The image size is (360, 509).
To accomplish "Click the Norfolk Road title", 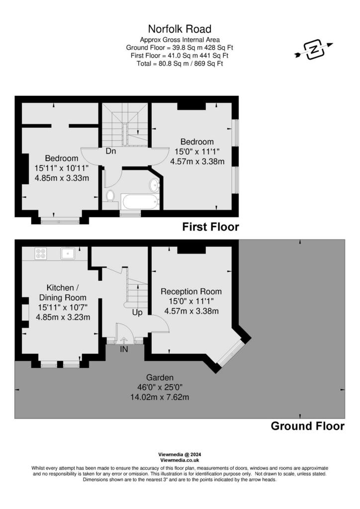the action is (x=180, y=29).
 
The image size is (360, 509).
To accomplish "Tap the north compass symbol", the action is (x=314, y=50).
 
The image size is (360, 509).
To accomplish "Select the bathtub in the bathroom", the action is (x=140, y=202).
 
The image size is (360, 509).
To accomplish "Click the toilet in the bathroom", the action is (x=110, y=196).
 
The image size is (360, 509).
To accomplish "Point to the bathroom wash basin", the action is (x=154, y=185).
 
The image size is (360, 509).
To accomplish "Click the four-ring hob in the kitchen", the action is (x=41, y=253).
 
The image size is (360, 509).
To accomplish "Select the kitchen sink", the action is (x=68, y=253).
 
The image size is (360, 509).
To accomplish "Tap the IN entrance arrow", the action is (x=124, y=340).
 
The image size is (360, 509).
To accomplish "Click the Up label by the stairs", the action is (x=137, y=313).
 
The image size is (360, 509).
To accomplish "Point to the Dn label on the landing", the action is (x=111, y=151).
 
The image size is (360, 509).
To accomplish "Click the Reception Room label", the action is (x=191, y=291).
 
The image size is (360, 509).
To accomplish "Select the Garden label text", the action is (x=160, y=377).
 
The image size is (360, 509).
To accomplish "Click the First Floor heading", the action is (x=210, y=227).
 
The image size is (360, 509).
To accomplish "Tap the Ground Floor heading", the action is (x=307, y=426).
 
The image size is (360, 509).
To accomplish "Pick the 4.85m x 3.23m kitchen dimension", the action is (x=63, y=317).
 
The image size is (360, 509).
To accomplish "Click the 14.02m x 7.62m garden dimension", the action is (x=160, y=397).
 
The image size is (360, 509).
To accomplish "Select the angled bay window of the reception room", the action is (x=230, y=353).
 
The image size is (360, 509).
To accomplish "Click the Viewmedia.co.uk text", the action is (x=180, y=460).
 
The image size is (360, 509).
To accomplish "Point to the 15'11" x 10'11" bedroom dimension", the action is (x=62, y=168).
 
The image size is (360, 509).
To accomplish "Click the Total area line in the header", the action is (x=180, y=63).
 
